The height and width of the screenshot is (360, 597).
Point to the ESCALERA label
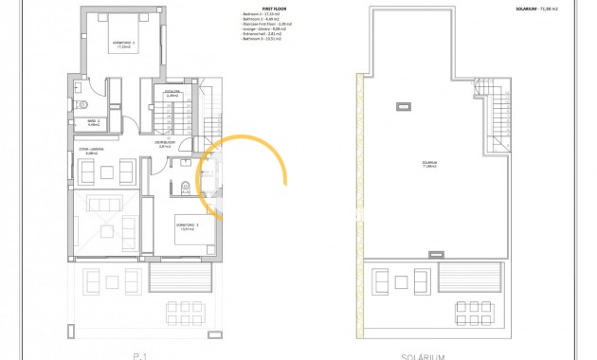click(x=172, y=93)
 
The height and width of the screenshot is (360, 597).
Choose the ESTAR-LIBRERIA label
click(x=89, y=152)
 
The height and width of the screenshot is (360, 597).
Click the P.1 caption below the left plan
click(x=139, y=356)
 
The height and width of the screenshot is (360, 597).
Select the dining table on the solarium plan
click(x=471, y=312)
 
